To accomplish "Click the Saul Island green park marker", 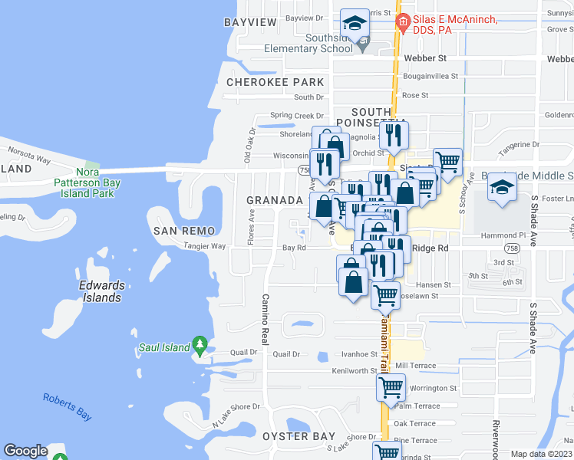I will pyautogui.click(x=200, y=345).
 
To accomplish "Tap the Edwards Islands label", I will pyautogui.click(x=102, y=291).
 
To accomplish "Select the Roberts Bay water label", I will pyautogui.click(x=68, y=406).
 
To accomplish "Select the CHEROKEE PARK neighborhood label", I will pyautogui.click(x=275, y=82).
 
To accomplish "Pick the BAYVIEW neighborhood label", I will pyautogui.click(x=250, y=22).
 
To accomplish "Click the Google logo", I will pyautogui.click(x=25, y=452).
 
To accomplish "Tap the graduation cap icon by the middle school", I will pyautogui.click(x=502, y=188).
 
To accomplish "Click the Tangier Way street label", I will pyautogui.click(x=204, y=247).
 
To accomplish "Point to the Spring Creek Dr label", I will pyautogui.click(x=292, y=116).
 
